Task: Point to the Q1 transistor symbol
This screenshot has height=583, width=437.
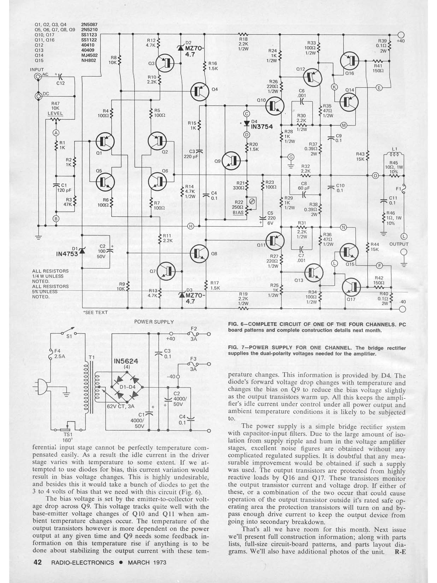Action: click(x=105, y=142)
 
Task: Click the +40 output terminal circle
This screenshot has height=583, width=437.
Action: click(x=401, y=35)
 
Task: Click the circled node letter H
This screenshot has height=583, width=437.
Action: click(x=191, y=226)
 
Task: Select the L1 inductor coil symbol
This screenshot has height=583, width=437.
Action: click(x=394, y=154)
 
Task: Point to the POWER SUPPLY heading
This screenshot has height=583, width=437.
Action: click(x=154, y=322)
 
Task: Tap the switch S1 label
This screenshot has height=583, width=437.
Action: click(x=70, y=336)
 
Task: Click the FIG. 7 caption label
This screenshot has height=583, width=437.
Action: click(x=238, y=348)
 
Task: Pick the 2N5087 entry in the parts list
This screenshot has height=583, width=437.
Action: click(x=89, y=25)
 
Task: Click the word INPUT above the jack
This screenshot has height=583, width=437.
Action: click(x=37, y=70)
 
